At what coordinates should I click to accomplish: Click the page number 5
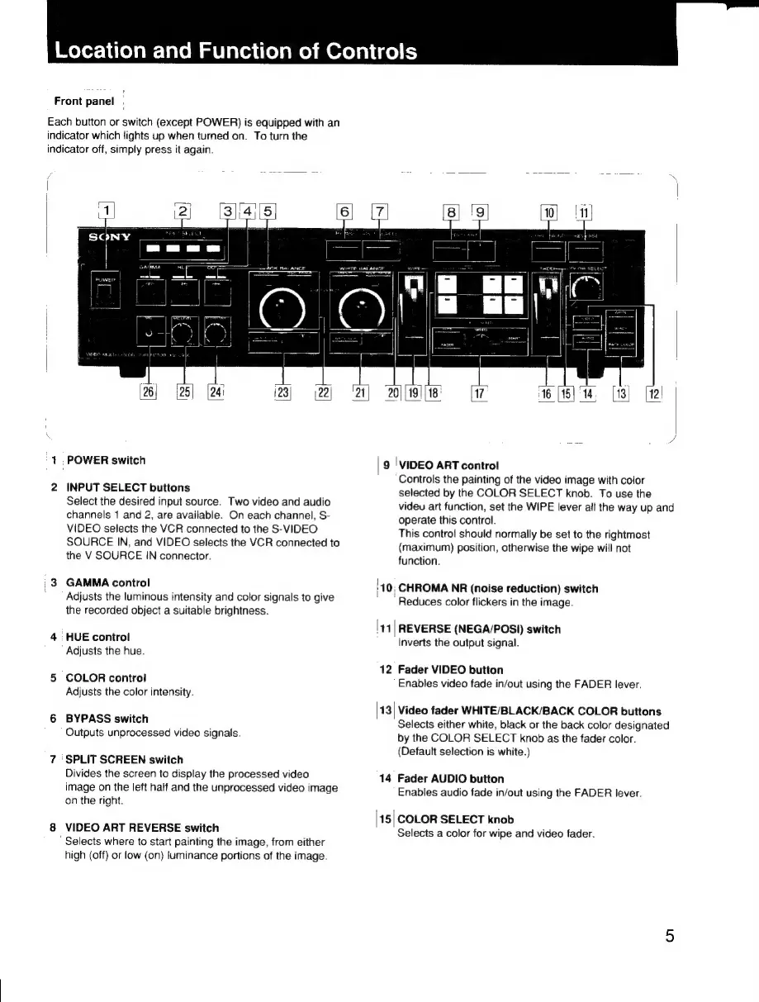click(669, 936)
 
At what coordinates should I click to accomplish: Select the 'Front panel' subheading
click(84, 102)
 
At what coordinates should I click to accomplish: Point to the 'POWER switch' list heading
click(106, 460)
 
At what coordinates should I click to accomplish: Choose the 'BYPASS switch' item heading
click(107, 719)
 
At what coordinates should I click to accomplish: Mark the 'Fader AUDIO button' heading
click(451, 778)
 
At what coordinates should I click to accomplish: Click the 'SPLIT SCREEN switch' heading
click(124, 759)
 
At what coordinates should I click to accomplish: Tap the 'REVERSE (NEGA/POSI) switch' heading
click(479, 629)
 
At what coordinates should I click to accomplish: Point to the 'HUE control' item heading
click(97, 637)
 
